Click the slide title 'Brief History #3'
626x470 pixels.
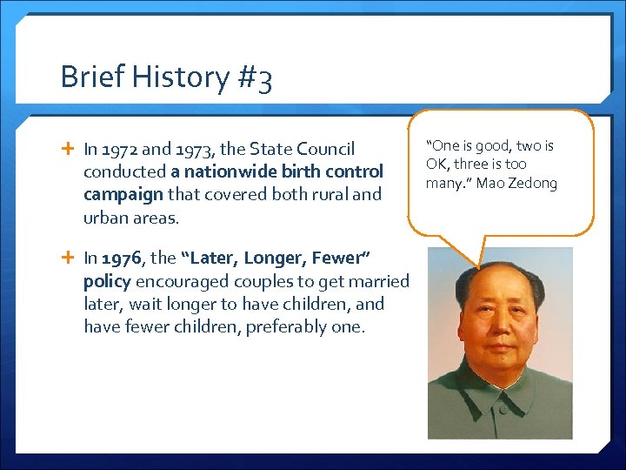pyautogui.click(x=166, y=77)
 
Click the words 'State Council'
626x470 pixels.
pyautogui.click(x=309, y=150)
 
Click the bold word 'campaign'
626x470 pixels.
pyautogui.click(x=123, y=194)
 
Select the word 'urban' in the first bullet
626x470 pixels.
pyautogui.click(x=105, y=217)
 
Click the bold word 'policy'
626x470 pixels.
pyautogui.click(x=107, y=281)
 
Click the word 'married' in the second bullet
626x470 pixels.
pyautogui.click(x=379, y=281)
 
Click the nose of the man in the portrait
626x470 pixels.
pyautogui.click(x=498, y=335)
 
